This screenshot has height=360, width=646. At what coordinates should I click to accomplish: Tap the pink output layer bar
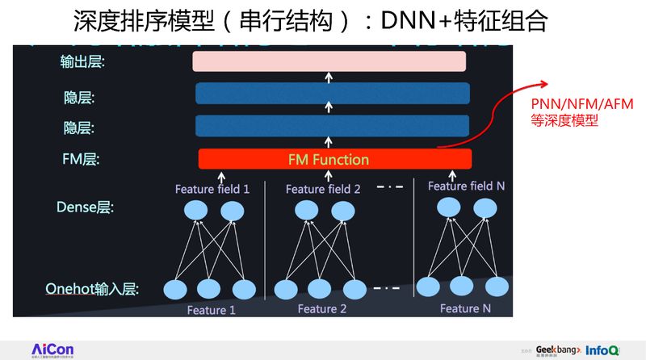coord(329,61)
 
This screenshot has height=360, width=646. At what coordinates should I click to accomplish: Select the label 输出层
coord(83,61)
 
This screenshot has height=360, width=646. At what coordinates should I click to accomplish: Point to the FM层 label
coord(80,160)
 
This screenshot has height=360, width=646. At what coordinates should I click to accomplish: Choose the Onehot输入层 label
coord(92,288)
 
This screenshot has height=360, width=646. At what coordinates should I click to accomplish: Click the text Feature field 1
coord(212,190)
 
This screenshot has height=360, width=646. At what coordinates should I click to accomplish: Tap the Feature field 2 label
coord(323,190)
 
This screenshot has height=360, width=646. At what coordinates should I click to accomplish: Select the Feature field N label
coord(466,186)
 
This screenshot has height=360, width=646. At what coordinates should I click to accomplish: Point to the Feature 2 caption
coord(322,309)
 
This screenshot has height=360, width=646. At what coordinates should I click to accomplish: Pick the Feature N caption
coord(465,308)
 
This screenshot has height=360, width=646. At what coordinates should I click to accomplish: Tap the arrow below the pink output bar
coord(329,77)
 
